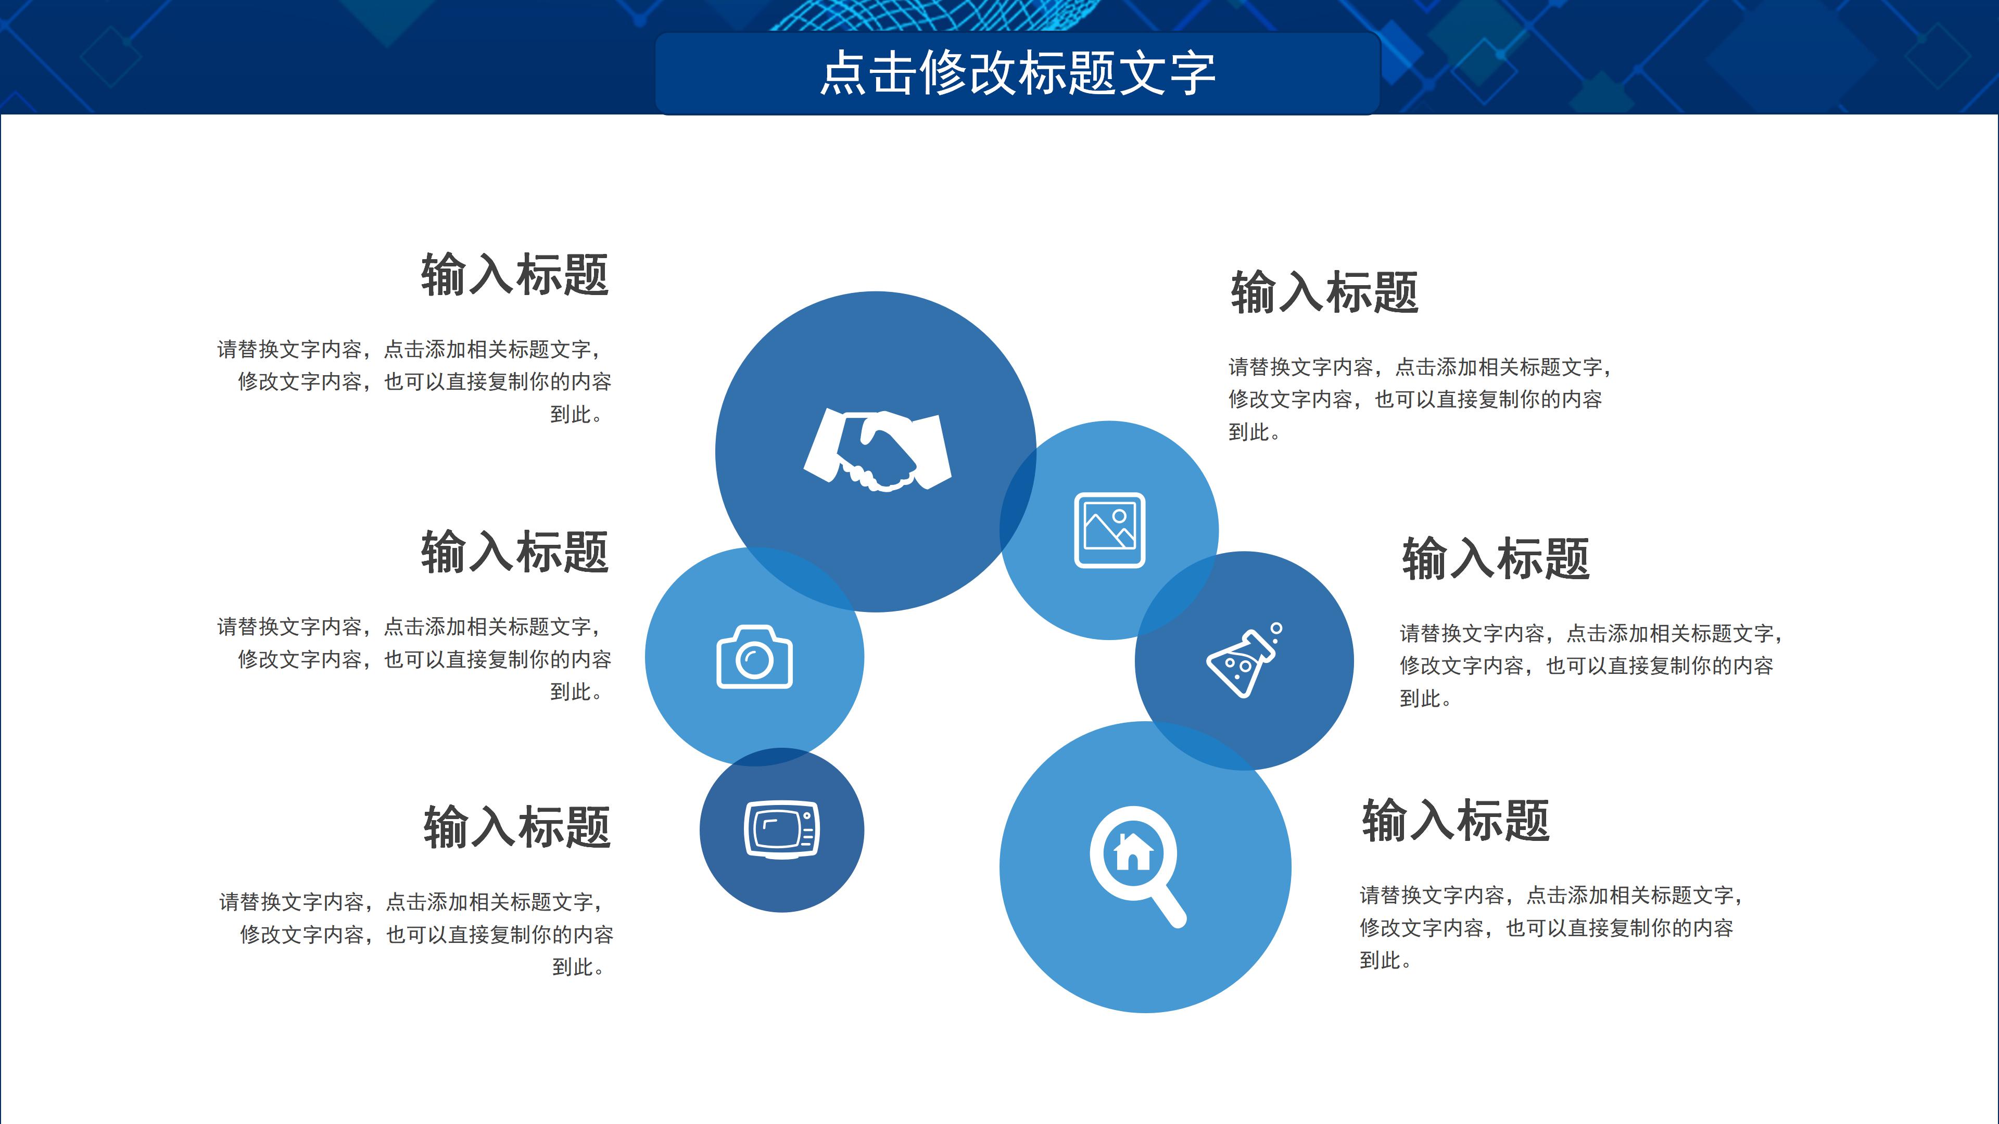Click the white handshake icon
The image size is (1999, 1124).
(x=877, y=451)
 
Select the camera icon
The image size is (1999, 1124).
(x=754, y=657)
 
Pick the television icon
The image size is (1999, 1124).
(x=781, y=829)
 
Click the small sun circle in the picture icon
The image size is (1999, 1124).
(x=1119, y=516)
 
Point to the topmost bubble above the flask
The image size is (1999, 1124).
(x=1276, y=628)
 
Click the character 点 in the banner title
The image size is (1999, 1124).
(x=843, y=74)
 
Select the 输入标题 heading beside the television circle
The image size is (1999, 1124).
(x=517, y=827)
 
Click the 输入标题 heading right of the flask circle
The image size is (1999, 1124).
(x=1496, y=558)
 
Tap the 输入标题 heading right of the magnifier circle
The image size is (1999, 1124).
(x=1456, y=821)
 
